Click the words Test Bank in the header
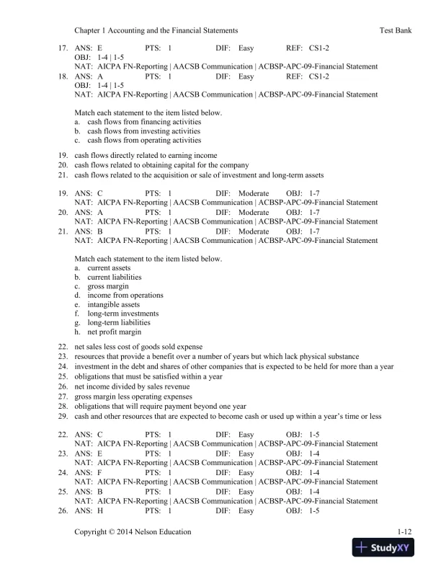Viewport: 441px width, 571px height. pos(395,31)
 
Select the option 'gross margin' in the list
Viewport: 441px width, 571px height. pos(109,286)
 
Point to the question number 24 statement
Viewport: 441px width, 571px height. pos(234,366)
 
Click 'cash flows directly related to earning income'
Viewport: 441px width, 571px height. pos(146,156)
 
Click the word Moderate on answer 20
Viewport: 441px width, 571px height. pos(253,213)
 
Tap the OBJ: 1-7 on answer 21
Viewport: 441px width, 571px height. pos(302,231)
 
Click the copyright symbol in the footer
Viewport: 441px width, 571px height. pos(112,531)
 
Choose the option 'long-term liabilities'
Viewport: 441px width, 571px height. pos(119,322)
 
